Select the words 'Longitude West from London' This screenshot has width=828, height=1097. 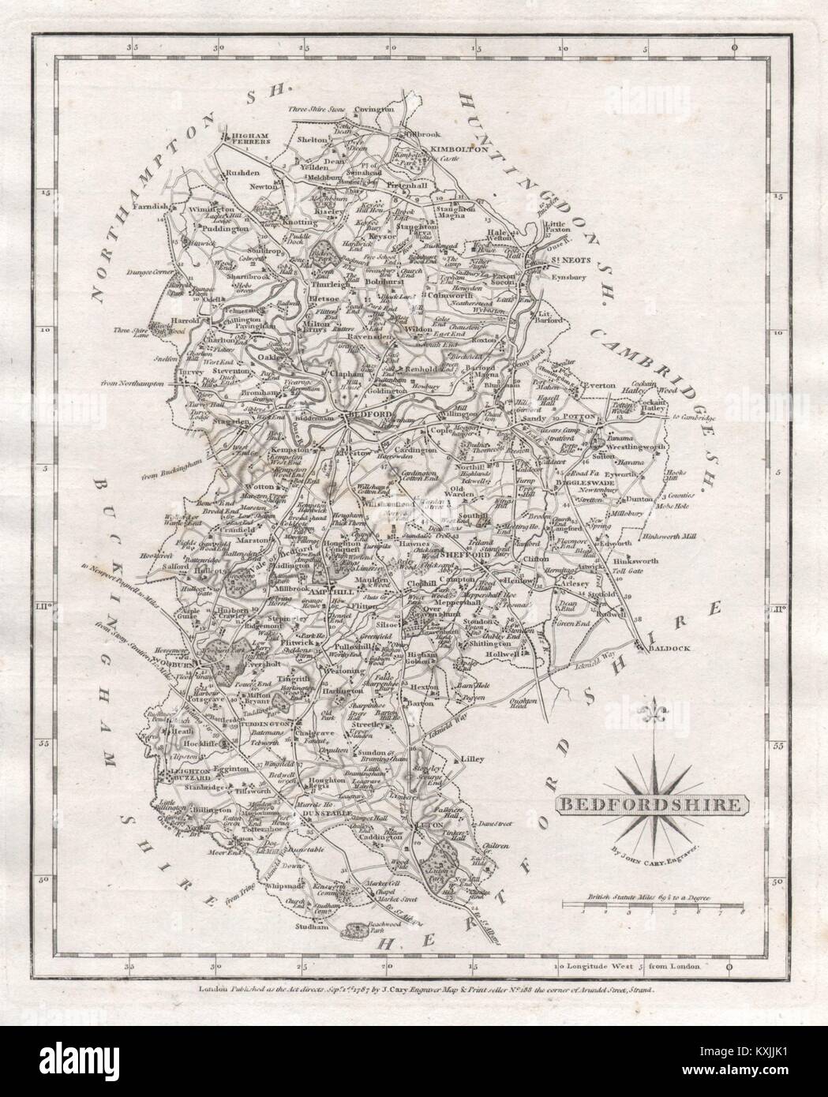(640, 965)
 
